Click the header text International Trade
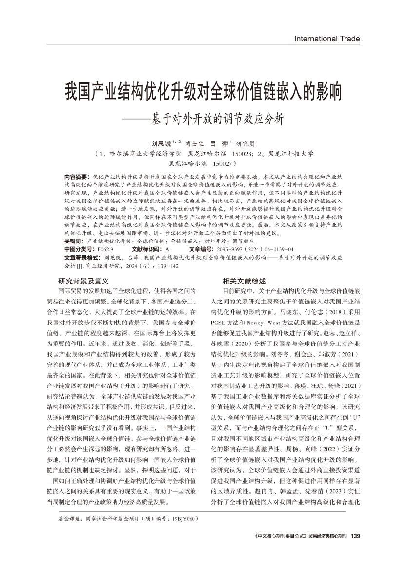pos(327,39)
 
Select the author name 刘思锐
pos(160,144)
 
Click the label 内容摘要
pos(77,176)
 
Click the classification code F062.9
pos(106,249)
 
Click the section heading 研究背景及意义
pos(83,281)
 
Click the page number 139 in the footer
pos(355,536)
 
